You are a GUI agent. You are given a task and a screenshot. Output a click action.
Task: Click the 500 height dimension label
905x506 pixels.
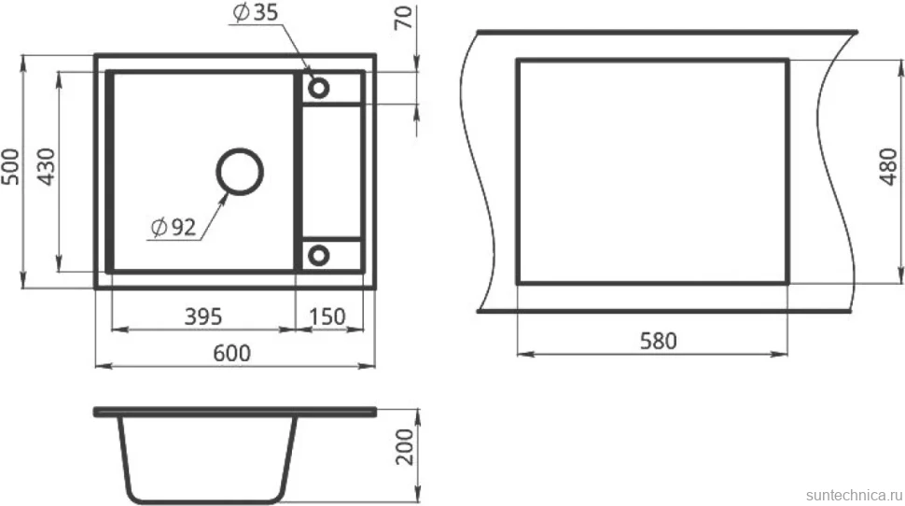10,167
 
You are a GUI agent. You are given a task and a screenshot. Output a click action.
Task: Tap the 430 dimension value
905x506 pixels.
46,167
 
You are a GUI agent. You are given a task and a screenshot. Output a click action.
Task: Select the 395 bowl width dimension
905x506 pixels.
203,316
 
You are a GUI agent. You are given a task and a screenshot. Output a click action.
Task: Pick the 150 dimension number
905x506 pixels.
327,316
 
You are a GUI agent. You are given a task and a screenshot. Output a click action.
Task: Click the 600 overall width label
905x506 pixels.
232,353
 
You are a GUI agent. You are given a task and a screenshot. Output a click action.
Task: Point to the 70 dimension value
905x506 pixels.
404,17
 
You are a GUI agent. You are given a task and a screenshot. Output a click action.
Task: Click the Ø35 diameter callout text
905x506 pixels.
256,12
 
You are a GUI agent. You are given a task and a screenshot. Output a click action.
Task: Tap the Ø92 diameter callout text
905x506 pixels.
174,228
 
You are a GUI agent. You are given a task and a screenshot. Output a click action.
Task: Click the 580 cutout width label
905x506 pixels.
659,341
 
